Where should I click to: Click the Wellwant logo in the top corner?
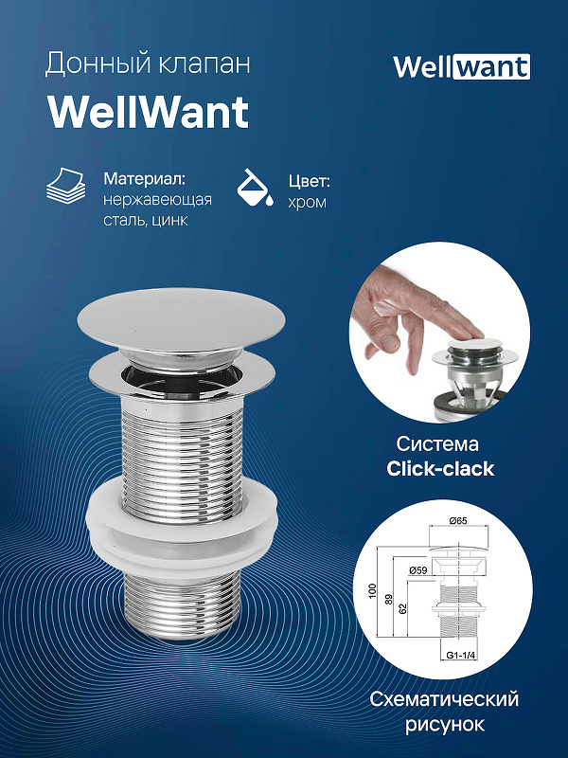pyautogui.click(x=461, y=66)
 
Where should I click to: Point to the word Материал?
pyautogui.click(x=143, y=178)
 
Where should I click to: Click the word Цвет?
pyautogui.click(x=309, y=178)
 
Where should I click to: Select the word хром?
pyautogui.click(x=307, y=201)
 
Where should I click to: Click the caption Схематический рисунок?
pyautogui.click(x=444, y=712)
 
